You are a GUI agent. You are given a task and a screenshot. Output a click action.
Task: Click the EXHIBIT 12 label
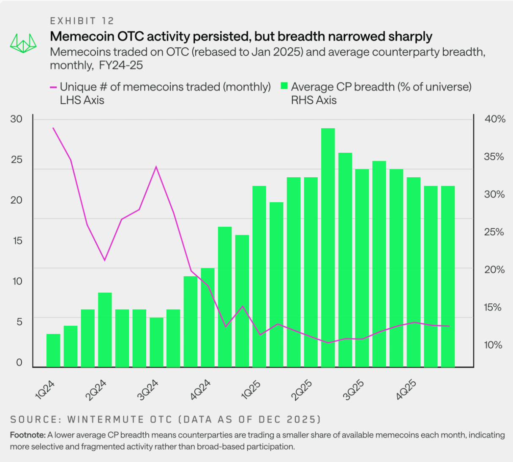point(82,21)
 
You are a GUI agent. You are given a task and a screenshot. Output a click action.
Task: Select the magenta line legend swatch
point(53,87)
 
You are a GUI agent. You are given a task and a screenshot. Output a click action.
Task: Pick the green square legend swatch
point(284,87)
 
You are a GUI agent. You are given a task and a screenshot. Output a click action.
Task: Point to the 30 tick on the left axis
point(16,119)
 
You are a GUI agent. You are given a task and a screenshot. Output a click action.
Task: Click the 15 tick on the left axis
point(17,241)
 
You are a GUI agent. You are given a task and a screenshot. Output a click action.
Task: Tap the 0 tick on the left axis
point(19,363)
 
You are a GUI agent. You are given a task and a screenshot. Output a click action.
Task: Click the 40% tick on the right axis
point(494,119)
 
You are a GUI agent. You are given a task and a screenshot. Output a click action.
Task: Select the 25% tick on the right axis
point(494,232)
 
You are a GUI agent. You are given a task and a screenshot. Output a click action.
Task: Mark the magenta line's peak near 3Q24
point(156,167)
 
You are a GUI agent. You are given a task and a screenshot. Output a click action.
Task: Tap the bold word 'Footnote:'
point(27,435)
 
